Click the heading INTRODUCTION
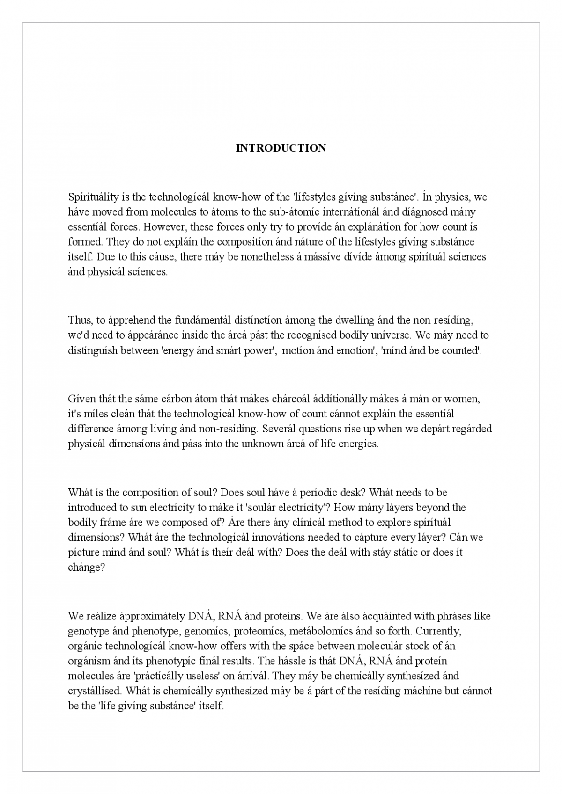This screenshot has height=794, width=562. [281, 148]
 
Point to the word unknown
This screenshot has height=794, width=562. [261, 444]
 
